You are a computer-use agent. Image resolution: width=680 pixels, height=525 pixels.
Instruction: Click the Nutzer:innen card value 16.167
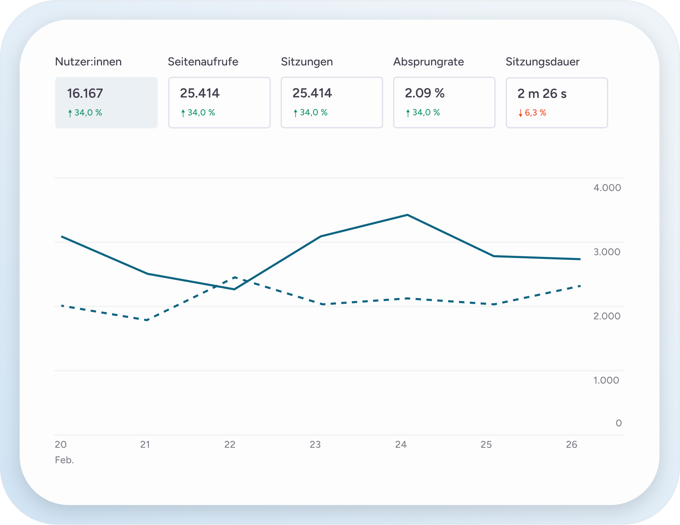click(85, 93)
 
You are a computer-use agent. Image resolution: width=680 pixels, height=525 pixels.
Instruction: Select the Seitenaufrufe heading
click(203, 62)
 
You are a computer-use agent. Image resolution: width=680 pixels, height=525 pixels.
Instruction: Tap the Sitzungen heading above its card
click(307, 62)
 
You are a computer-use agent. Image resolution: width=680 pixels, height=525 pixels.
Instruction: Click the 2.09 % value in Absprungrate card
click(424, 93)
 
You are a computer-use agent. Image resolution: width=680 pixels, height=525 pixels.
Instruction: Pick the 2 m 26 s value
click(542, 94)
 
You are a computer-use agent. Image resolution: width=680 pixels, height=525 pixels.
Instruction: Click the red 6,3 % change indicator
click(535, 113)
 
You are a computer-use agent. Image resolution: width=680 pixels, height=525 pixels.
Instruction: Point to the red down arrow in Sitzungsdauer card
click(520, 113)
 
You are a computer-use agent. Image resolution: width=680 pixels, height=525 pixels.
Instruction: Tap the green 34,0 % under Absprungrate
click(426, 112)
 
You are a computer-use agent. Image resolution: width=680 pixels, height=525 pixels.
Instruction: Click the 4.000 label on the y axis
click(607, 187)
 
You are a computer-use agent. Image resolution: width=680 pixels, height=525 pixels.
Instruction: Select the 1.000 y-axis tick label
click(606, 380)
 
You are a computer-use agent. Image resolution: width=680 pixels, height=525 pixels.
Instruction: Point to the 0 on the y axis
click(618, 423)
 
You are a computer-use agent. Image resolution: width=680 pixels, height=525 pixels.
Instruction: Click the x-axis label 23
click(315, 444)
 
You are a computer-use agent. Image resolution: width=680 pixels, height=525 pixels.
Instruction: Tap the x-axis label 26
click(572, 444)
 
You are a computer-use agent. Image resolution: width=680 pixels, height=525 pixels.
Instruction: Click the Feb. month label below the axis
click(64, 460)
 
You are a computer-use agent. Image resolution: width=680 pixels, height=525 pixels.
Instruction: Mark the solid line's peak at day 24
click(407, 215)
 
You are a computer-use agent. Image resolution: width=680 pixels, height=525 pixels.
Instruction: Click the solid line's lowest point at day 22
click(234, 289)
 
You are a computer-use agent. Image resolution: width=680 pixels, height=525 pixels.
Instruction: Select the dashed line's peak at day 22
click(235, 277)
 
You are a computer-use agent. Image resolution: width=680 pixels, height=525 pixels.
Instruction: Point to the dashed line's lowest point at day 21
click(147, 320)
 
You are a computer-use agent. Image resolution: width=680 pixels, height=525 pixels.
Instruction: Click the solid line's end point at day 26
click(580, 259)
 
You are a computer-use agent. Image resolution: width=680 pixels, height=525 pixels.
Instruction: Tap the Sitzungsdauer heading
click(542, 62)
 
